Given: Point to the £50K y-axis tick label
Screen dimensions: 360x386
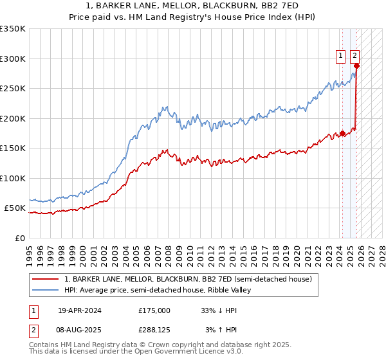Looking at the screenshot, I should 14,208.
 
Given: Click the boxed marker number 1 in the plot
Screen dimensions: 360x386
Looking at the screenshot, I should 340,56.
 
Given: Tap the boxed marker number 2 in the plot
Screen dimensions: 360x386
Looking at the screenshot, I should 355,56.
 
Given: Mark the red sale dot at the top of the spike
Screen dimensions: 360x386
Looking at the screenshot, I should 356,66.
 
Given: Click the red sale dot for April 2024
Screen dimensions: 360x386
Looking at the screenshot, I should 342,134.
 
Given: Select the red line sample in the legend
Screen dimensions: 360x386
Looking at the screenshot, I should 46,279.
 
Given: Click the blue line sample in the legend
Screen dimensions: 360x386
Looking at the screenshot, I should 46,290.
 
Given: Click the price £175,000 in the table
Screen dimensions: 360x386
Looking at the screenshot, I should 154,310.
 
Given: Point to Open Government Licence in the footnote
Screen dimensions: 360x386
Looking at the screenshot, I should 174,353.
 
